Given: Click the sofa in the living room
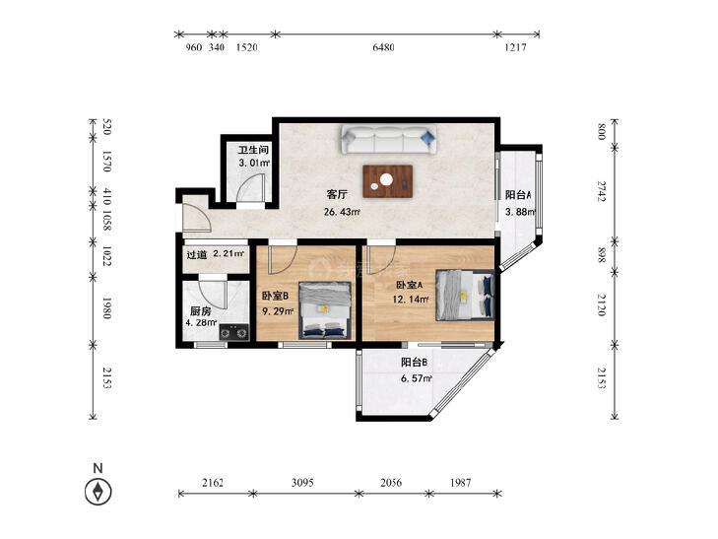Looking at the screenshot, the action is click(388, 140).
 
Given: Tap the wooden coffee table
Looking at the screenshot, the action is click(388, 181).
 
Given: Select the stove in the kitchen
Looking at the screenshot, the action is click(234, 331).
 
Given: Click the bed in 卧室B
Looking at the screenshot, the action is click(326, 310).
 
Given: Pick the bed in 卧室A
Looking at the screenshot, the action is click(465, 295).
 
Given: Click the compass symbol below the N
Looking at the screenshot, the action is click(98, 492).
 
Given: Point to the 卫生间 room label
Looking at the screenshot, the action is click(253, 150).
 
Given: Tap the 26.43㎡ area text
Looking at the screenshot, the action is click(342, 212).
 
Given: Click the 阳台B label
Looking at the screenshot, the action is click(414, 363).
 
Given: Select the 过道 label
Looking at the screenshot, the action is click(196, 254).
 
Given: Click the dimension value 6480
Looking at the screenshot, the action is click(383, 47).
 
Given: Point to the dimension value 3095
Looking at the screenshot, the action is click(302, 483).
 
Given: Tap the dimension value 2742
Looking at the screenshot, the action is click(602, 191).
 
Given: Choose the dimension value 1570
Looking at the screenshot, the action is click(106, 162).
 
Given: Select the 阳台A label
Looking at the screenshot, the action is click(518, 195).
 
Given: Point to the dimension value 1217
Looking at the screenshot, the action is click(516, 47).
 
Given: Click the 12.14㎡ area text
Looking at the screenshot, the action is click(411, 300).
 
